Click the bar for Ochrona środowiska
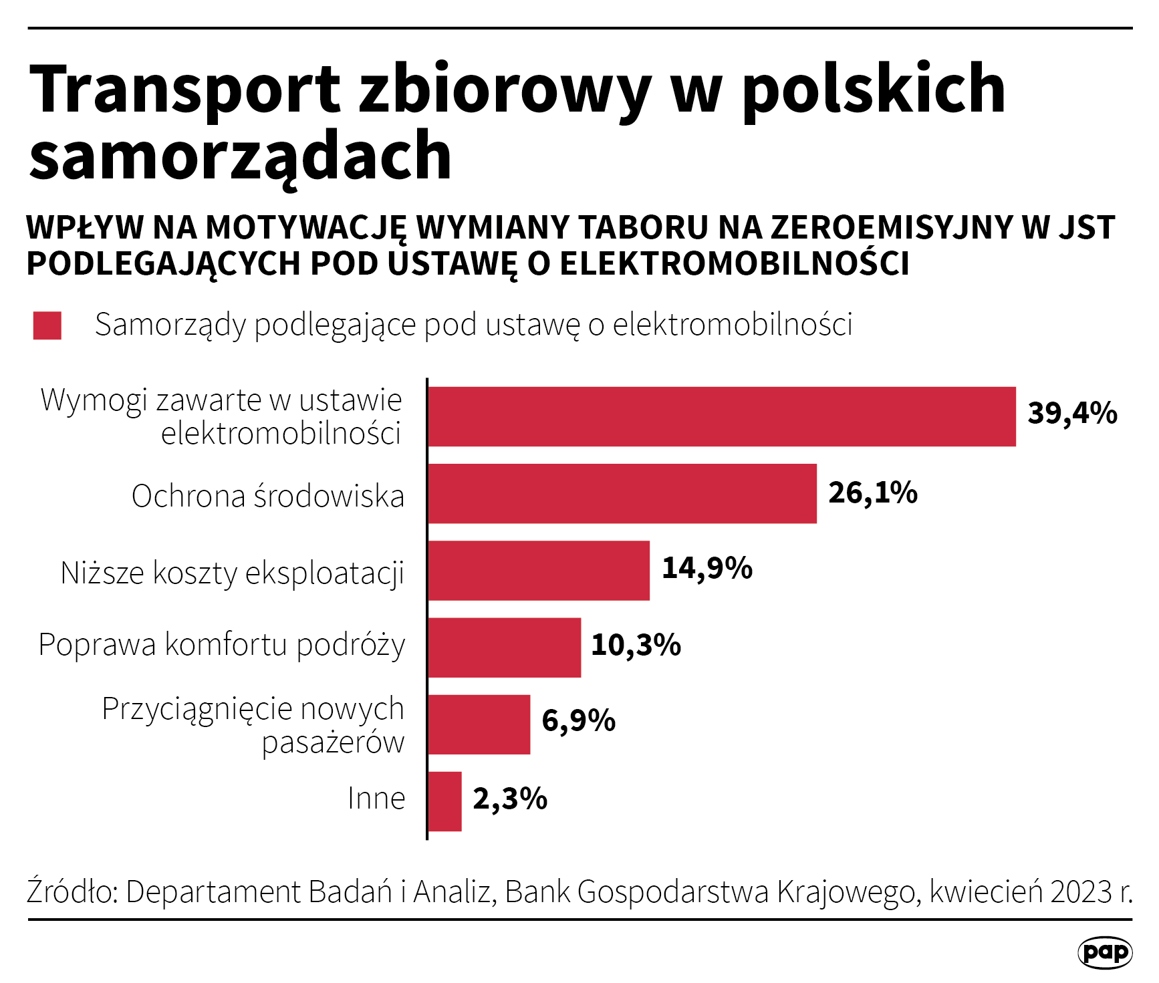coord(622,493)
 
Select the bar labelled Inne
coord(444,801)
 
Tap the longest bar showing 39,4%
coord(721,416)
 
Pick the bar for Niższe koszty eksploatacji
coord(538,570)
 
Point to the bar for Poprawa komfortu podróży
coord(504,647)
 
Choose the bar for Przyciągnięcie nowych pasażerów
coord(479,724)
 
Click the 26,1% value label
coord(872,493)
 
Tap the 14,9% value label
coord(706,569)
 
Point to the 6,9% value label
coord(578,721)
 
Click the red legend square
coord(47,325)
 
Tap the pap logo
coord(1104,952)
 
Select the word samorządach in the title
coord(241,157)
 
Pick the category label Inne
coord(376,799)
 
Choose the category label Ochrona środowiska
coord(268,497)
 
